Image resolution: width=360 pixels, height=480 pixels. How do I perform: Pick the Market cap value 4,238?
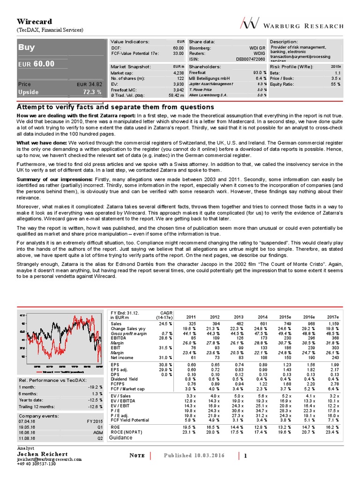[x=178, y=73]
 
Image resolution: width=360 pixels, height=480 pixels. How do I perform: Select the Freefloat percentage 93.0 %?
[x=260, y=73]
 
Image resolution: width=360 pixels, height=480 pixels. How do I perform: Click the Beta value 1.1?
[x=337, y=73]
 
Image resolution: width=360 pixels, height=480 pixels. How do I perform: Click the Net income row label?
[x=122, y=357]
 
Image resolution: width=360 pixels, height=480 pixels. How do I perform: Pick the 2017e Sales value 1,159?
[x=333, y=323]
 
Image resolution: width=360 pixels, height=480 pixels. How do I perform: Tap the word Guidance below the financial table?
[x=121, y=437]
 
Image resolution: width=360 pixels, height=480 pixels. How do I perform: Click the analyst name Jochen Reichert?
[x=43, y=454]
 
